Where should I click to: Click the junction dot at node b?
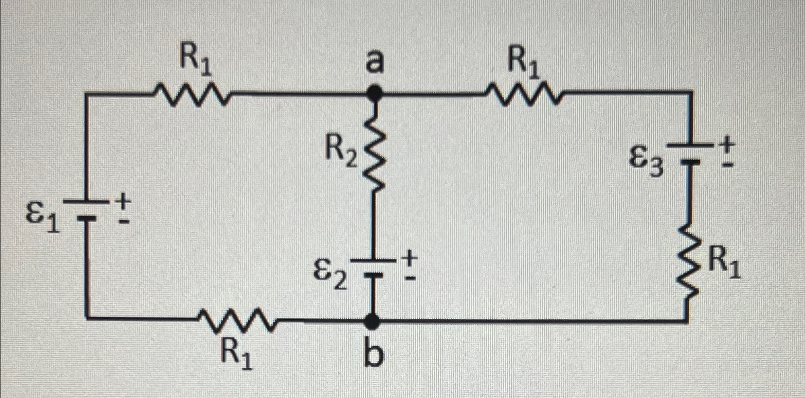coord(373,321)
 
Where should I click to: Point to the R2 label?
coord(340,153)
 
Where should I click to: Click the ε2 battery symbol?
coord(373,268)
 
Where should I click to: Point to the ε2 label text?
coord(330,274)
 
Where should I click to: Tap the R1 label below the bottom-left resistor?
coord(237,354)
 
